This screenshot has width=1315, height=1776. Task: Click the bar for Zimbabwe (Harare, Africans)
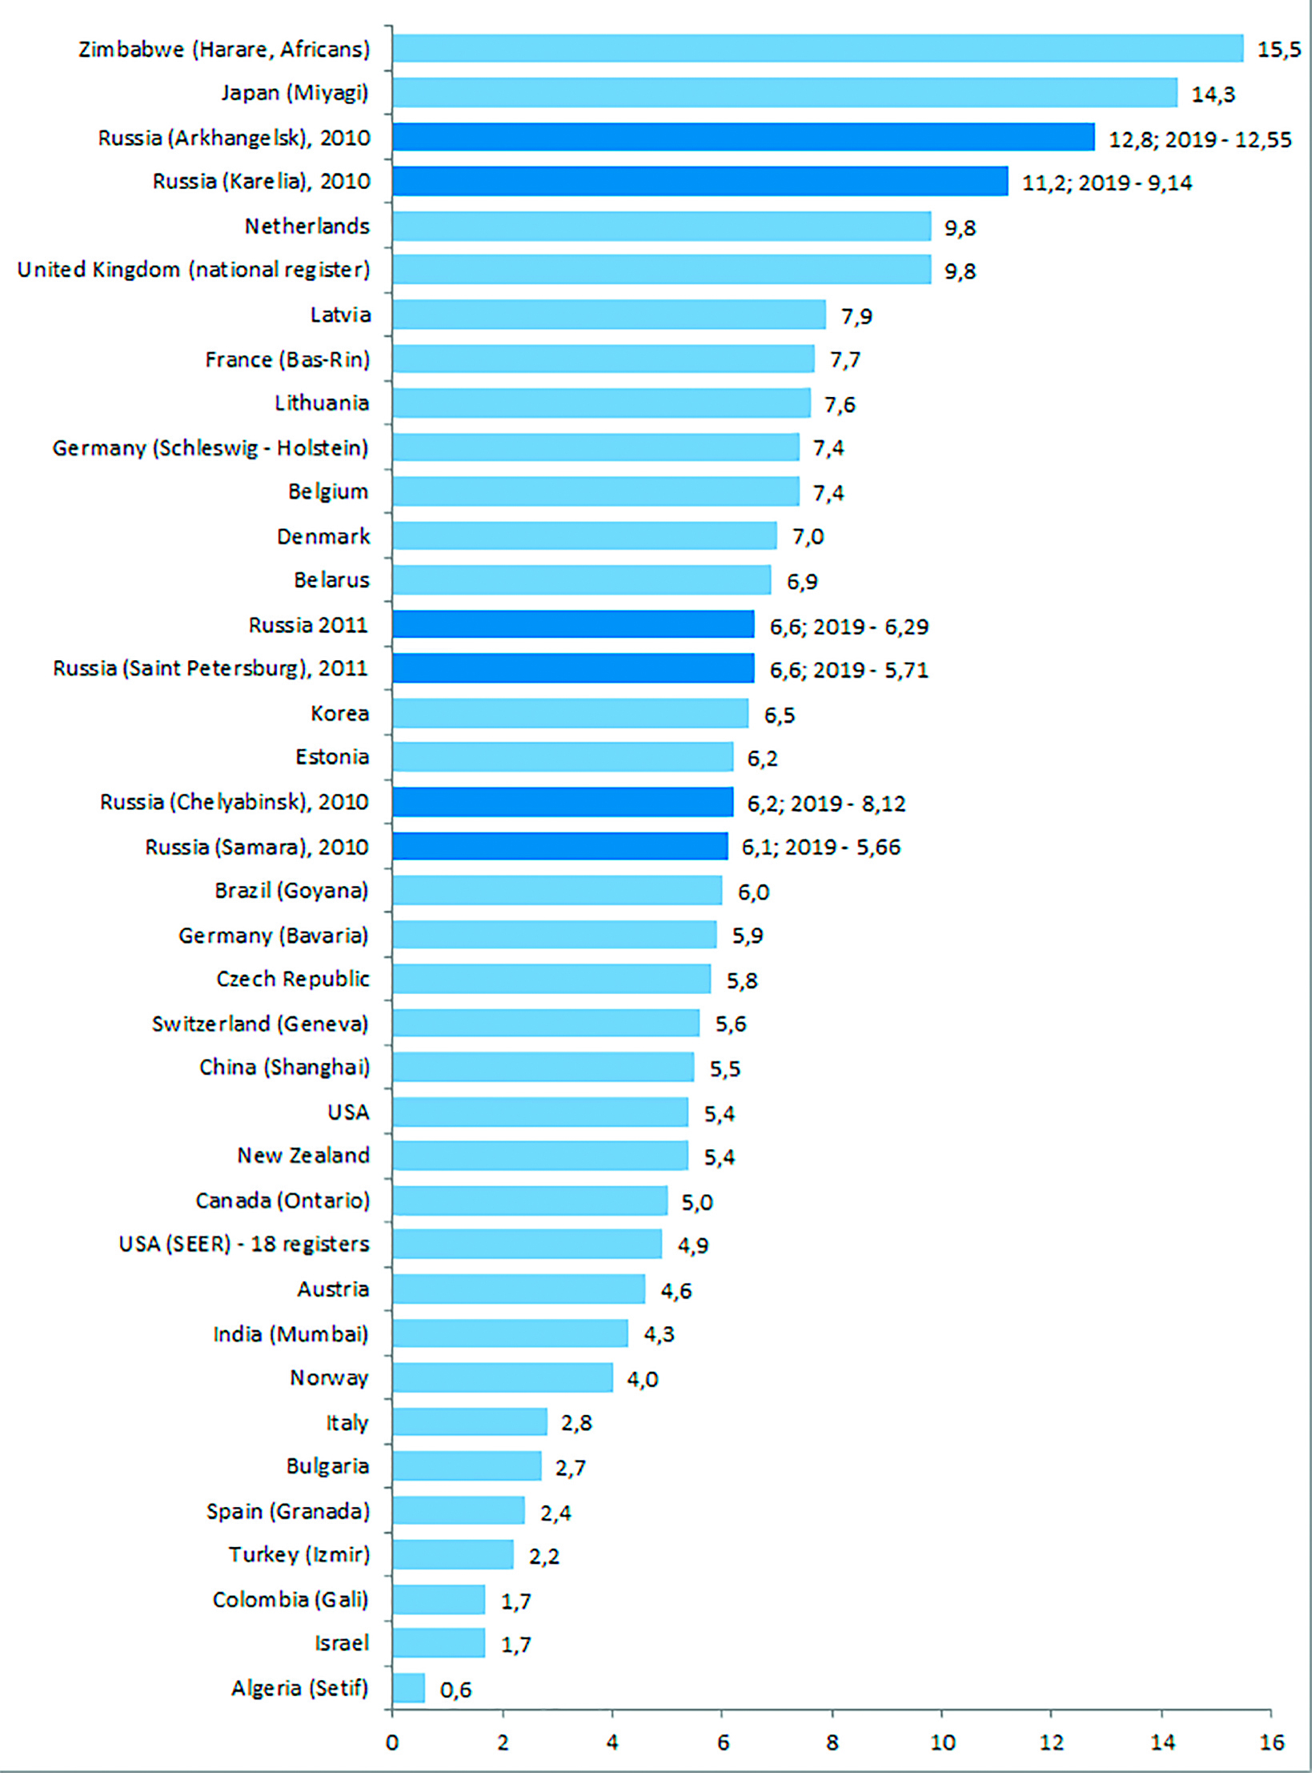[817, 48]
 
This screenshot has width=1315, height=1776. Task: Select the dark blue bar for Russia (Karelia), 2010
[700, 181]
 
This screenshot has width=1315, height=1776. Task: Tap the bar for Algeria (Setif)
[409, 1688]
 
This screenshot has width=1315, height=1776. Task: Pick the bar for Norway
[503, 1377]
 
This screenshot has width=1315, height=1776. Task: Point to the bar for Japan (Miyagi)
[784, 92]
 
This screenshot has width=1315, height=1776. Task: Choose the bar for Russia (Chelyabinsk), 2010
[563, 802]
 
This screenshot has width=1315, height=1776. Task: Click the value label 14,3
[1213, 94]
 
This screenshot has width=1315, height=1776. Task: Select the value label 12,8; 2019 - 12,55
[1199, 139]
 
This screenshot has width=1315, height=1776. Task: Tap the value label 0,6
[455, 1690]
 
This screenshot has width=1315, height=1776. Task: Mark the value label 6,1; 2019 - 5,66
[820, 847]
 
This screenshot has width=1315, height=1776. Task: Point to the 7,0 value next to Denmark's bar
[808, 536]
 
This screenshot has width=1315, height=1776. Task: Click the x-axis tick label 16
[1271, 1742]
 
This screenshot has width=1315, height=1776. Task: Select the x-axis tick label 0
[392, 1742]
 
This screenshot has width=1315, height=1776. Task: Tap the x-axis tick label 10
[942, 1742]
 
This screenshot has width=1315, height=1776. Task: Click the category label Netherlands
[307, 227]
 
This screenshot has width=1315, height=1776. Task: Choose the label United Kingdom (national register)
[194, 270]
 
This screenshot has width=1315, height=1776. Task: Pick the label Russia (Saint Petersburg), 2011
[210, 668]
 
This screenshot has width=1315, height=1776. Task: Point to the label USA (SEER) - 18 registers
[244, 1244]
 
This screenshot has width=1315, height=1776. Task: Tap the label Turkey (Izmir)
[299, 1554]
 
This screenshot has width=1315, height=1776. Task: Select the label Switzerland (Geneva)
[260, 1024]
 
